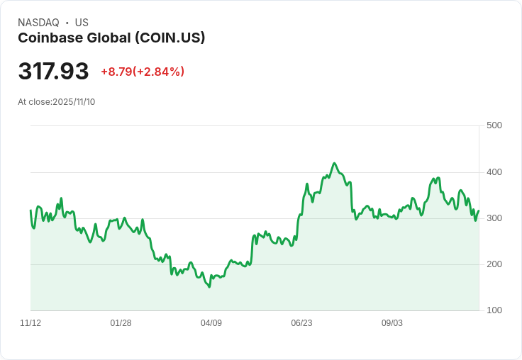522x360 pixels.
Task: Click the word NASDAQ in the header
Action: [x=38, y=23]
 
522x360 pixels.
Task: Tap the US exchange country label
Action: [x=82, y=23]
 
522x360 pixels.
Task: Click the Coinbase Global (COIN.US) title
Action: [x=111, y=38]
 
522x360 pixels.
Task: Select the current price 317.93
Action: [x=53, y=72]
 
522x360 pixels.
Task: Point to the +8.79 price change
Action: [x=116, y=72]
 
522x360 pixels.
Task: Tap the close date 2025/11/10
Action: [x=74, y=102]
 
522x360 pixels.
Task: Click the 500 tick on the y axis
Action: [x=494, y=125]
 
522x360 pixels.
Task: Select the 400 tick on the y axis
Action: [x=494, y=172]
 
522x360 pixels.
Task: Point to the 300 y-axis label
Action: [x=494, y=218]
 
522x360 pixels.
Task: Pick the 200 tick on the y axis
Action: [x=494, y=264]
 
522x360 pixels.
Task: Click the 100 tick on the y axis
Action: [x=494, y=310]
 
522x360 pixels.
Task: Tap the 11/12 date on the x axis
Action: [x=30, y=323]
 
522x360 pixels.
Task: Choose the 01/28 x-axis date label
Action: [x=121, y=323]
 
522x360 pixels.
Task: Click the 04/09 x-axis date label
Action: [x=211, y=323]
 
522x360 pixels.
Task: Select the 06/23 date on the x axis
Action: [x=301, y=323]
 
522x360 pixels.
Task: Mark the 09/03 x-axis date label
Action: [x=392, y=323]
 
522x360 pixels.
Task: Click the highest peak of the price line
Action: [x=335, y=163]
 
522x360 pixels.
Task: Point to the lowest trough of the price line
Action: [x=209, y=287]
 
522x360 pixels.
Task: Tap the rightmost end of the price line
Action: [x=479, y=210]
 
